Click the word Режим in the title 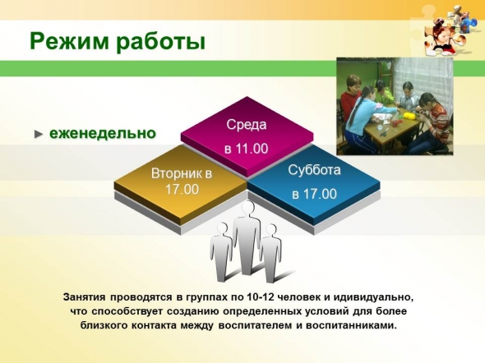point(69,41)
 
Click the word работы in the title point(161,42)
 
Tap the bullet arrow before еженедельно point(39,134)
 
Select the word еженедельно point(103,134)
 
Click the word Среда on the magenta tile point(247,125)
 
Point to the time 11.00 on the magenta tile point(252,149)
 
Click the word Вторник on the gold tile point(173,173)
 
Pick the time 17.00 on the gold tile point(182,189)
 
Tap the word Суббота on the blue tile point(314,170)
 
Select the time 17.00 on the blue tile point(320,194)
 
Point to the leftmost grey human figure point(221,252)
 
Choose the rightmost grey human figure point(271,253)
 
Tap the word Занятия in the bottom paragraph point(83,297)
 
